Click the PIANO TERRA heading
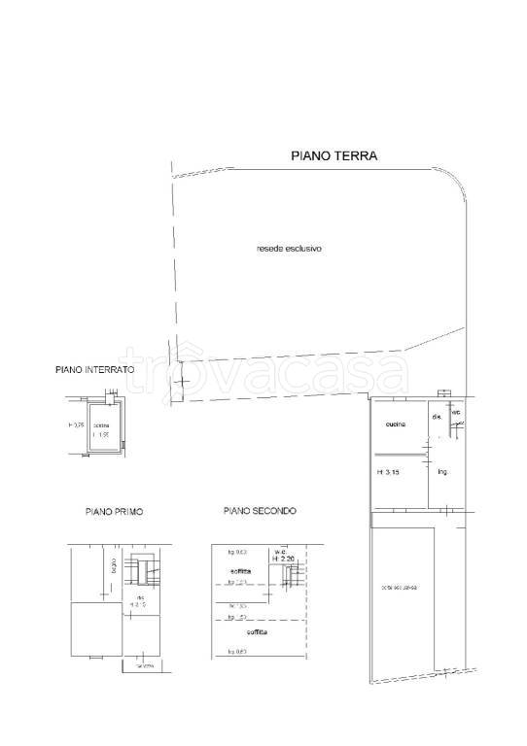coord(334,155)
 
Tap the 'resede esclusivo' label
coord(289,249)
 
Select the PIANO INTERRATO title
coord(95,370)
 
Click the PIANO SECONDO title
coord(259,511)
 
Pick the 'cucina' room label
coord(395,424)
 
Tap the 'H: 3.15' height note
coord(389,472)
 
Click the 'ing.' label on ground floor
coord(441,472)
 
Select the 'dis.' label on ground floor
coord(437,418)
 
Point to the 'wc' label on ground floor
coord(454,413)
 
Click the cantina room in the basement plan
coord(101,429)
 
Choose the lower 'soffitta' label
coord(258,631)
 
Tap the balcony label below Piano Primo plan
coord(145,666)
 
